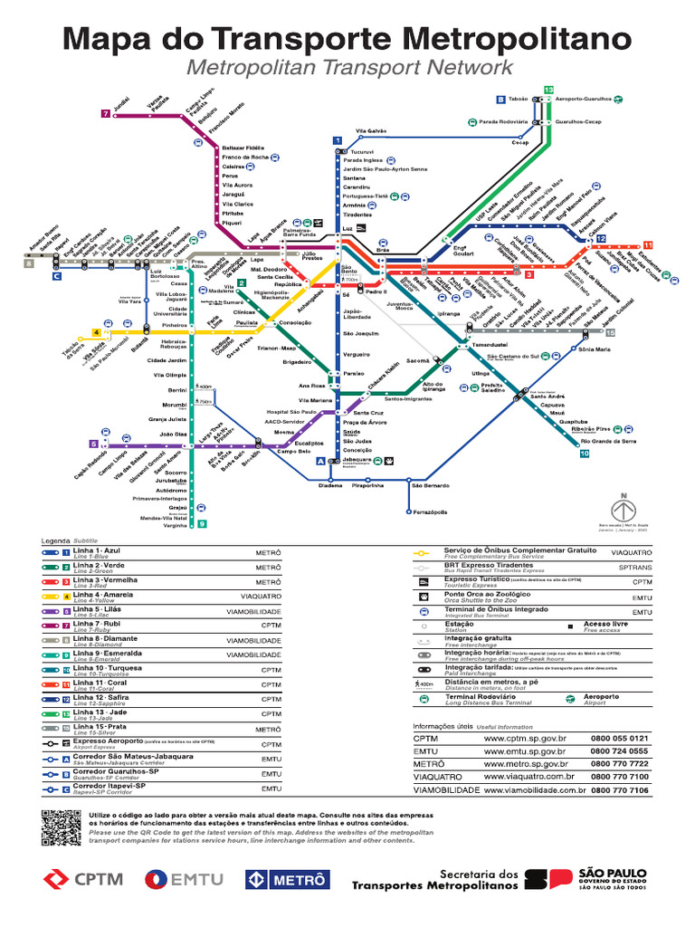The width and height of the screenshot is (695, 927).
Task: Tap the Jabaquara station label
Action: (357, 459)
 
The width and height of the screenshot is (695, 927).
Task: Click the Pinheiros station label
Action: (175, 323)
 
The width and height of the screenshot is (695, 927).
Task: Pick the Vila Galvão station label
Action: (371, 131)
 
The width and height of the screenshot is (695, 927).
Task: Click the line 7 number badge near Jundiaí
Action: (106, 114)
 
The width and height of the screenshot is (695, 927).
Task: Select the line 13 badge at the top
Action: (548, 89)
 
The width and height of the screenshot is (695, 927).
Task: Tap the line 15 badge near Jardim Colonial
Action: (610, 333)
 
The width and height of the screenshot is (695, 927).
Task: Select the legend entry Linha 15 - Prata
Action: (99, 728)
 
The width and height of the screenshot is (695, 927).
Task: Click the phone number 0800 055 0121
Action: (620, 738)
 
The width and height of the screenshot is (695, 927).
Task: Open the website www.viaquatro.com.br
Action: (528, 776)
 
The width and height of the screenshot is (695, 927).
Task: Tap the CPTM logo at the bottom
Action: (83, 878)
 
